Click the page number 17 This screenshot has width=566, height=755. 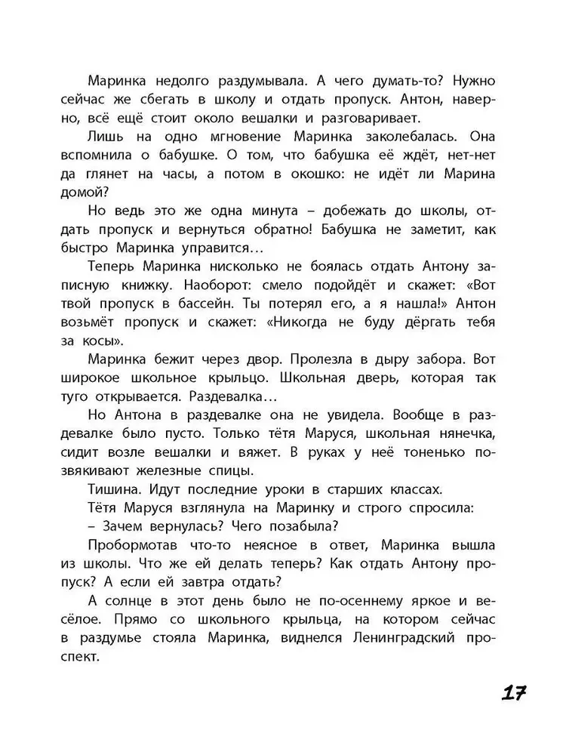pos(511,693)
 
